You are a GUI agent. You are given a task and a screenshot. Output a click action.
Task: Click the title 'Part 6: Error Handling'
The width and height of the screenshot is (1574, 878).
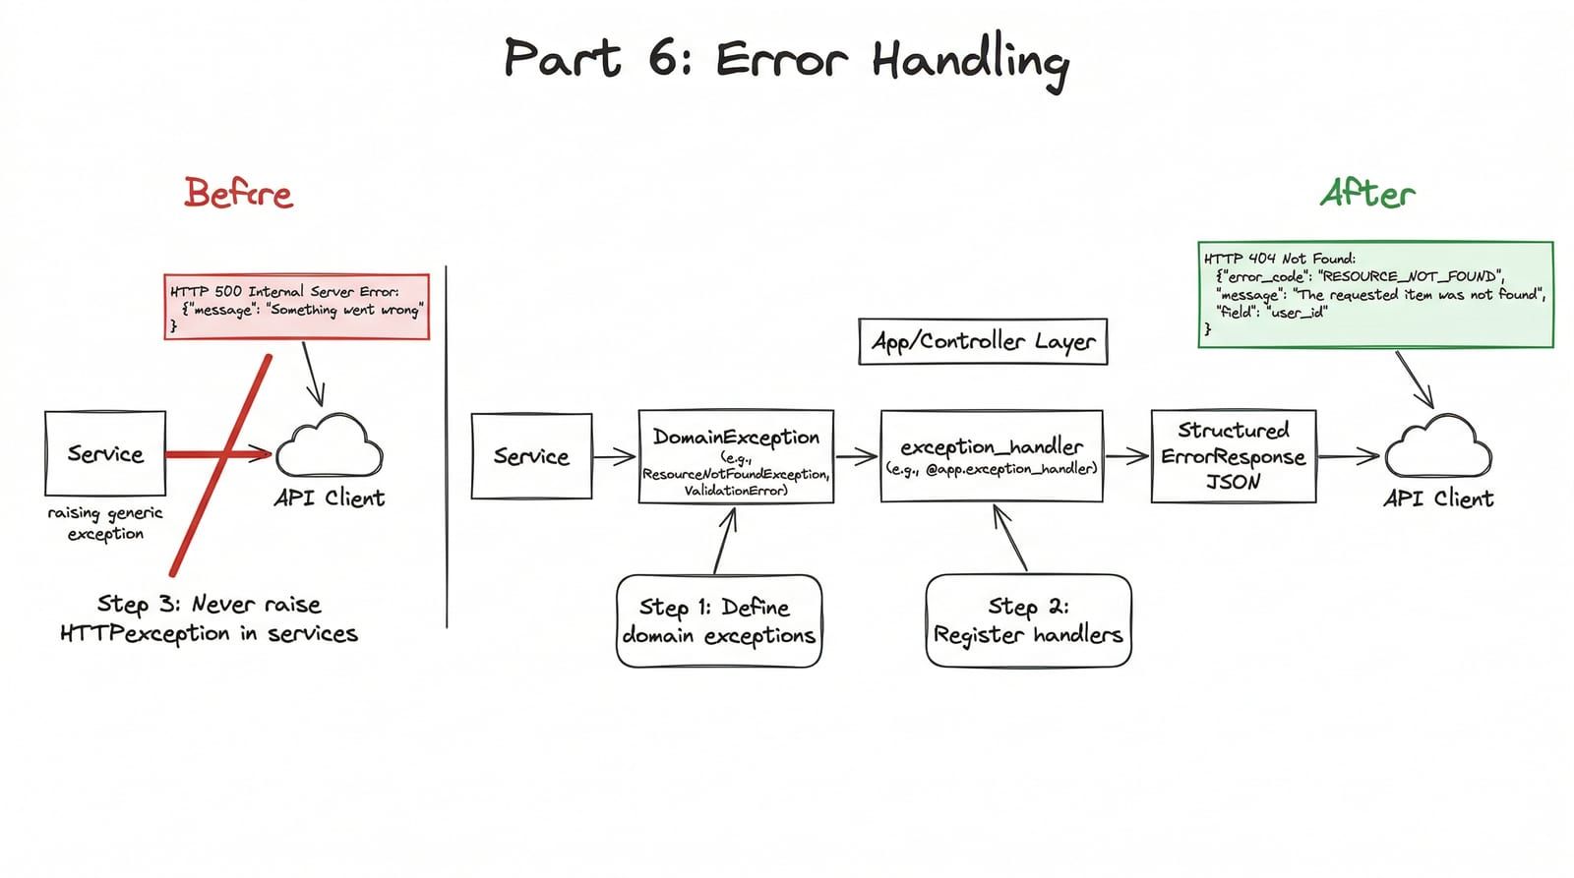787,60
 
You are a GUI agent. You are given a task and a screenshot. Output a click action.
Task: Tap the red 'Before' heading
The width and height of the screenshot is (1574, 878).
238,193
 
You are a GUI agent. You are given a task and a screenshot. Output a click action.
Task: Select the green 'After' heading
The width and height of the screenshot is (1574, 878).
1367,193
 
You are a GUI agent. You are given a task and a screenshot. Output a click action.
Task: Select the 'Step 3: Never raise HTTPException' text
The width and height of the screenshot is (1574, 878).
209,618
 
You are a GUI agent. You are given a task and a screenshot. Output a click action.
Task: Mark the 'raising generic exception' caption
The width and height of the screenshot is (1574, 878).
105,523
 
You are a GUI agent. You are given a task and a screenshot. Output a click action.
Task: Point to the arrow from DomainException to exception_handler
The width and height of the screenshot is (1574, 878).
857,456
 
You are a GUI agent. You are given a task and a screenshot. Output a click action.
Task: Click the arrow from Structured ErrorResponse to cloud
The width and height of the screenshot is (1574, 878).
1349,456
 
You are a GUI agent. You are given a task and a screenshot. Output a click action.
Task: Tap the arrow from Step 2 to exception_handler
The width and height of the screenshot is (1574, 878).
1009,538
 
